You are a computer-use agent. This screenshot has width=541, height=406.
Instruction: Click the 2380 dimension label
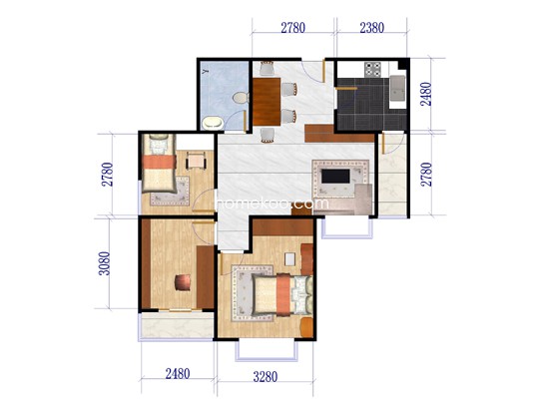coord(371,28)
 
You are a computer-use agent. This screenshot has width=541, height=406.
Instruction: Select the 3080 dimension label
coord(105,263)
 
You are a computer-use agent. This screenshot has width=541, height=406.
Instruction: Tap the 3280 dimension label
coord(265,377)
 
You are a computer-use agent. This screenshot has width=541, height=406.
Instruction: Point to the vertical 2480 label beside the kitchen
coord(426,94)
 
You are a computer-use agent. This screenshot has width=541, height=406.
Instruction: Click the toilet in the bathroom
coord(241,98)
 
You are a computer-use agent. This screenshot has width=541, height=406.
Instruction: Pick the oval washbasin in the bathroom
coord(213,123)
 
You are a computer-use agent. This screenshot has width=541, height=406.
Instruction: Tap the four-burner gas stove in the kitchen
coord(373,69)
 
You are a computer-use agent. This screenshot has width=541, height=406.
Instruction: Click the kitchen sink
coord(397,88)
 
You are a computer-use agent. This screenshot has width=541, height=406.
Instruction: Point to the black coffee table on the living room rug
coord(335,177)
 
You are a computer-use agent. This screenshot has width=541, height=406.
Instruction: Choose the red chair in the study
coord(183,282)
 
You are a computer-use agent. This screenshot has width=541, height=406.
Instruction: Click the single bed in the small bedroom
coord(159,163)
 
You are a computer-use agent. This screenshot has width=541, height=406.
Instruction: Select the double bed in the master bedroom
coord(282,294)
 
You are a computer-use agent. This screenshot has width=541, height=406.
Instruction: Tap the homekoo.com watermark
coord(271,203)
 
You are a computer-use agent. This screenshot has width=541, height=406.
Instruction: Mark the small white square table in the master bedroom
coord(289,259)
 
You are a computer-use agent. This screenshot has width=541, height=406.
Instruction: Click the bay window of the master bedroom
coord(267,350)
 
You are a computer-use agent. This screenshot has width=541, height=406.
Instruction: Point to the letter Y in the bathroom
coord(206,72)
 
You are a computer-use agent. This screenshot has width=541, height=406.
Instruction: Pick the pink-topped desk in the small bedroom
coord(196,161)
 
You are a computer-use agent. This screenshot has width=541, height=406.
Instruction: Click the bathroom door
coord(245,120)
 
